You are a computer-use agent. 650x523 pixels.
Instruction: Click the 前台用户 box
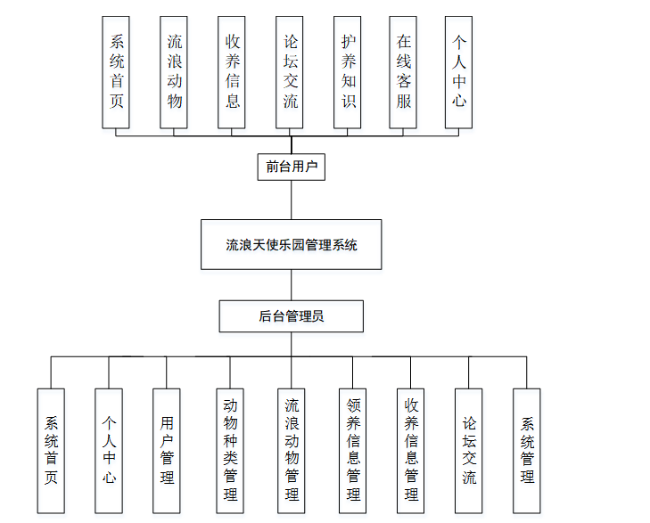pyautogui.click(x=291, y=167)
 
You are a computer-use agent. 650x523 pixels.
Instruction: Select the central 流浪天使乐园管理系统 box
pyautogui.click(x=291, y=244)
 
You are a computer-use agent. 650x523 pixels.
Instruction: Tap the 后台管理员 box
pyautogui.click(x=291, y=316)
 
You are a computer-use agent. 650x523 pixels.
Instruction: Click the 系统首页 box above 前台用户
pyautogui.click(x=116, y=71)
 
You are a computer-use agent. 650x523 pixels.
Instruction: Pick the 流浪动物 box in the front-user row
pyautogui.click(x=174, y=71)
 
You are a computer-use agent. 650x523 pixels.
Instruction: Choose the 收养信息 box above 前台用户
pyautogui.click(x=232, y=71)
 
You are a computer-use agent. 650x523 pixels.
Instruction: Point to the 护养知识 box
pyautogui.click(x=348, y=71)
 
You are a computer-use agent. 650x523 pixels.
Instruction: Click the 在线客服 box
pyautogui.click(x=404, y=71)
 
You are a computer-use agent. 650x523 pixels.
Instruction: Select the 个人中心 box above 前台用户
pyautogui.click(x=458, y=71)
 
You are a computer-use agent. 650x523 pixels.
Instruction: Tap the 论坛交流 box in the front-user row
pyautogui.click(x=291, y=71)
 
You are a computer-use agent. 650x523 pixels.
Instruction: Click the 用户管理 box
pyautogui.click(x=167, y=450)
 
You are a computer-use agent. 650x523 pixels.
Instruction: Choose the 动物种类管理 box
pyautogui.click(x=230, y=450)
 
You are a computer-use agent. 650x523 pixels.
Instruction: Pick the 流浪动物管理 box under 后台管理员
pyautogui.click(x=292, y=450)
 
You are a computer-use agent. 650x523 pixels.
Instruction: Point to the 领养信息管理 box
pyautogui.click(x=353, y=450)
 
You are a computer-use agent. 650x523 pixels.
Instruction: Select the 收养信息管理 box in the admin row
pyautogui.click(x=411, y=450)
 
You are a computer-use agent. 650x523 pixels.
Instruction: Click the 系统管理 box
pyautogui.click(x=527, y=450)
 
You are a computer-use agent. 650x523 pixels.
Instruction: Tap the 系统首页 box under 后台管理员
pyautogui.click(x=51, y=450)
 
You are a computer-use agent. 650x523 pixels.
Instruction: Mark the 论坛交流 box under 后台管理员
pyautogui.click(x=469, y=450)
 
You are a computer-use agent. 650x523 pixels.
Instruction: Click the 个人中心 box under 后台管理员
pyautogui.click(x=109, y=450)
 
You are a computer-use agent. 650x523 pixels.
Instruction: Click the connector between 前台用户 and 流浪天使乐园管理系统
pyautogui.click(x=291, y=200)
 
